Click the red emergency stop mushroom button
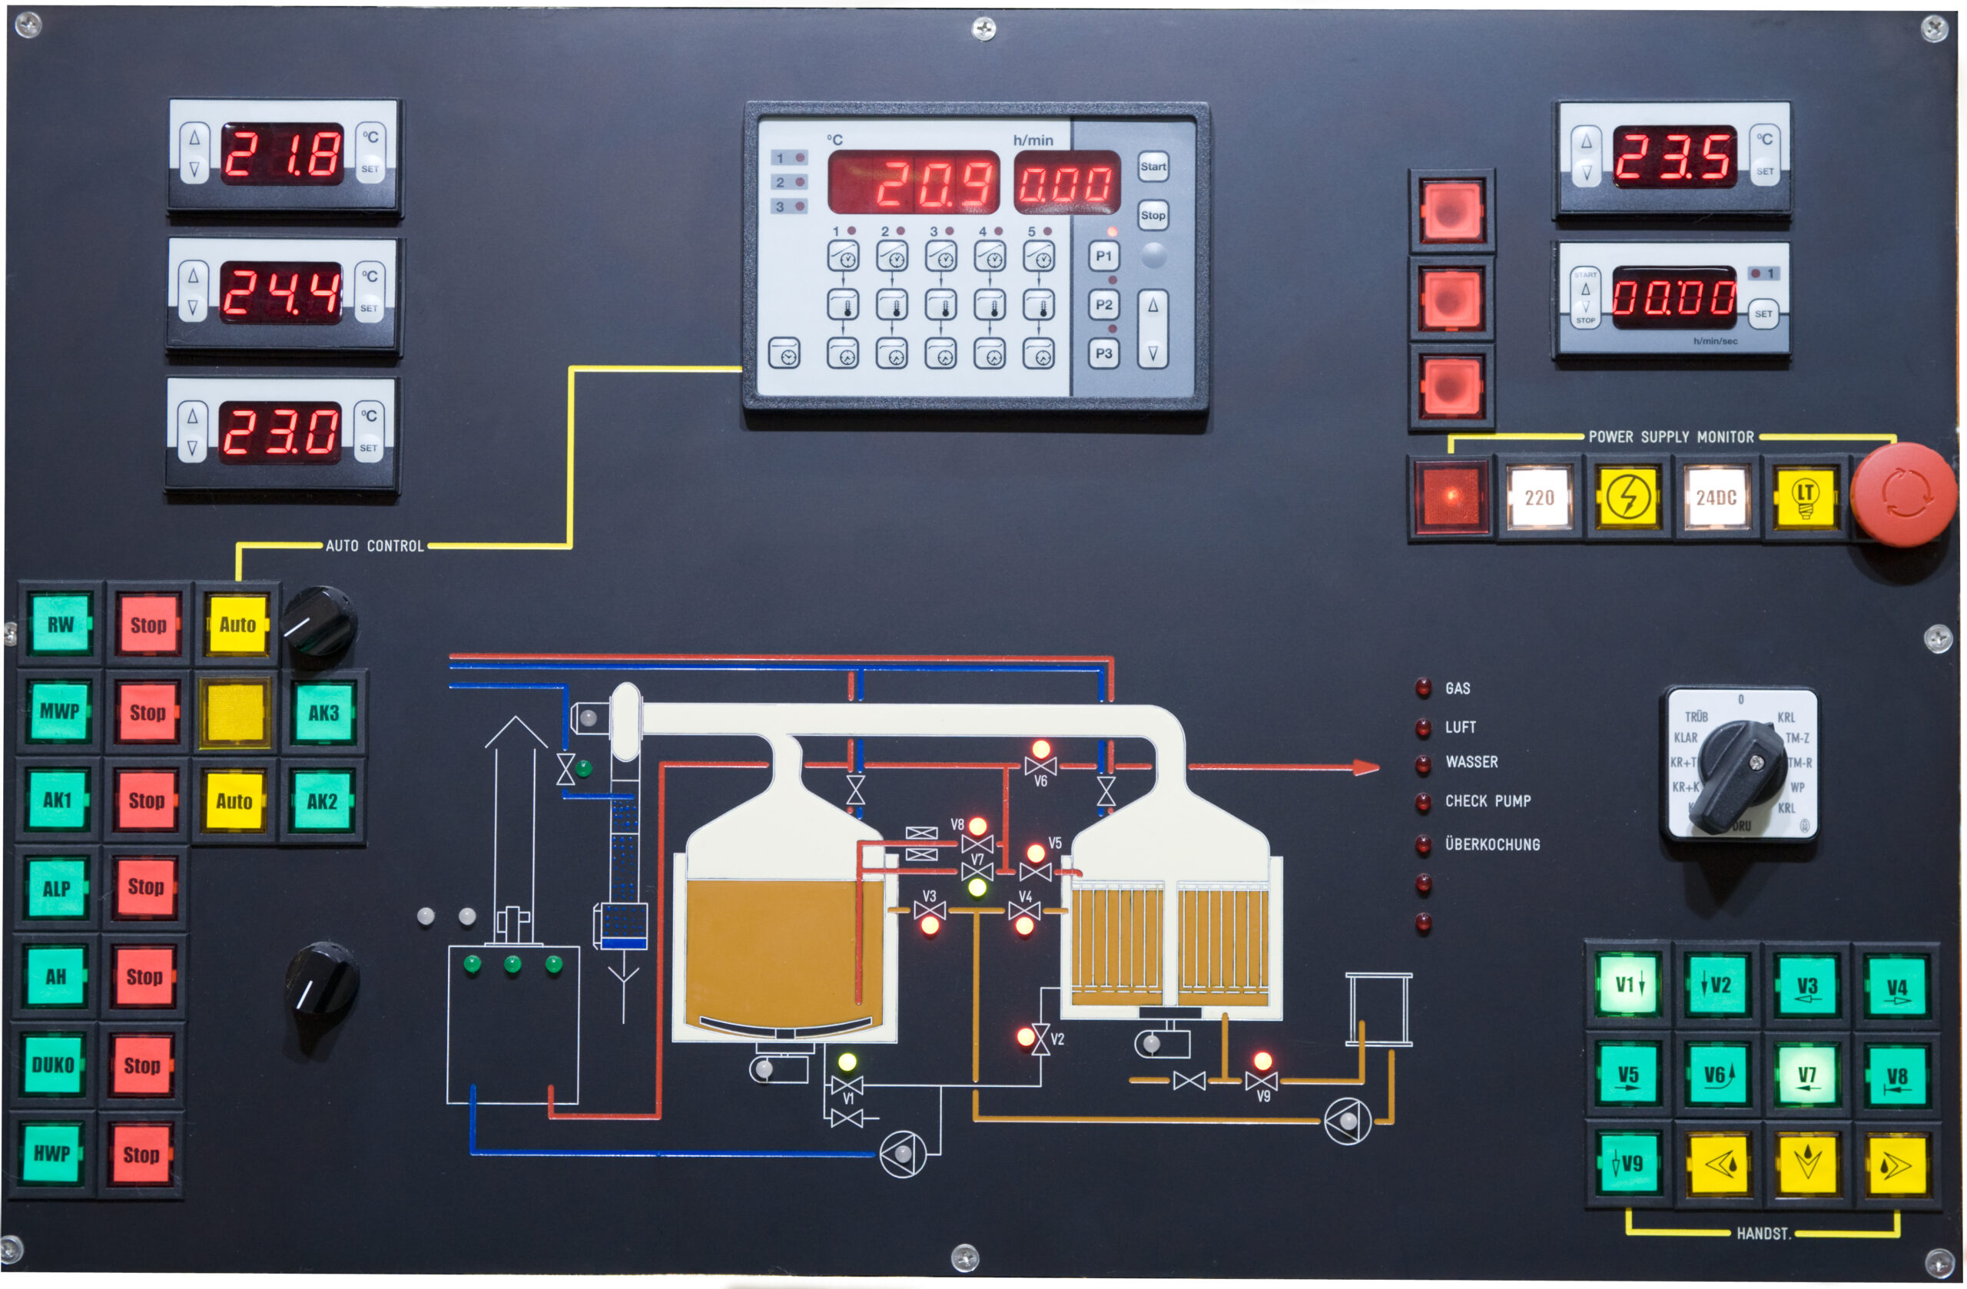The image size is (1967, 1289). point(1903,493)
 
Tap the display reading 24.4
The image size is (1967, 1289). point(281,293)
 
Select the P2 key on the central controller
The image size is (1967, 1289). point(1103,305)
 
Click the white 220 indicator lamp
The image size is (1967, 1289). point(1539,498)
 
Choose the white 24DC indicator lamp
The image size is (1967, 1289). point(1716,498)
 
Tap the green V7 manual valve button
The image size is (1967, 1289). point(1806,1075)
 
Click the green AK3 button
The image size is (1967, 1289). point(323,713)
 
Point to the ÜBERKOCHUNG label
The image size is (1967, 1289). point(1492,844)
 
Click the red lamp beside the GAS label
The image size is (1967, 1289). point(1423,688)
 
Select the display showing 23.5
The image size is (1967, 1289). point(1674,156)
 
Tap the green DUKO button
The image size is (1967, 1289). point(53,1065)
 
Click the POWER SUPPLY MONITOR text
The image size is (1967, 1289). point(1670,437)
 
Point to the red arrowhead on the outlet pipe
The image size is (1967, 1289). point(1366,767)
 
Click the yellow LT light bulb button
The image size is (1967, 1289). point(1805,498)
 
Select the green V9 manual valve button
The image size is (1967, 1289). point(1627,1165)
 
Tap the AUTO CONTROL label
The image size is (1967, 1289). point(374,546)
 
